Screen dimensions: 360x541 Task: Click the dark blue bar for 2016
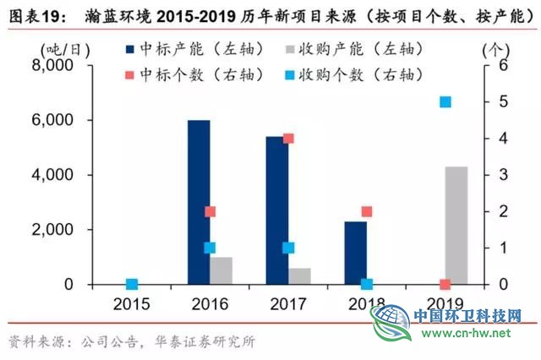(x=199, y=202)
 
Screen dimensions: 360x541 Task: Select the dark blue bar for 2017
(x=276, y=210)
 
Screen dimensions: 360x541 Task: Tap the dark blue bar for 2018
(x=355, y=253)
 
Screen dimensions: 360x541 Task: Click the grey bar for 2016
(x=221, y=270)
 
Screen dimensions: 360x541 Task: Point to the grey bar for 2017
(x=299, y=276)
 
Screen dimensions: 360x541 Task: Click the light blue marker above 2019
(x=445, y=102)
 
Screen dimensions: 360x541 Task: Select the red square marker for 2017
(x=288, y=139)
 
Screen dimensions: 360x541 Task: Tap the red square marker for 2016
(x=210, y=211)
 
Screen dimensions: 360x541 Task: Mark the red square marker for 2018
(x=367, y=211)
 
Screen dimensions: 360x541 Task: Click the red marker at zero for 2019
(x=445, y=284)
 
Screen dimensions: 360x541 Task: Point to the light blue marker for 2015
(x=132, y=284)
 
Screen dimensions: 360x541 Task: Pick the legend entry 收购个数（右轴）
(x=372, y=74)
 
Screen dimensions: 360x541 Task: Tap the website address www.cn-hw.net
(x=465, y=333)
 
